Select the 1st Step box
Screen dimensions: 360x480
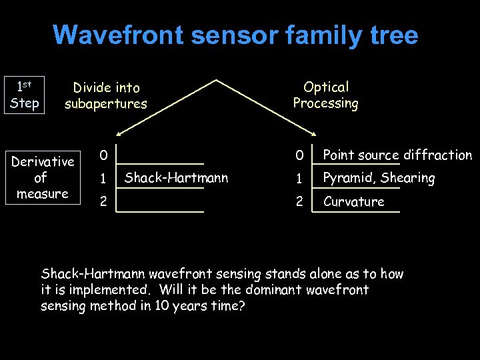click(25, 95)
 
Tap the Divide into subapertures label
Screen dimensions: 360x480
click(106, 95)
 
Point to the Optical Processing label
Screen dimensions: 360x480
click(325, 95)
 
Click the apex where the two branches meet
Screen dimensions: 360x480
click(216, 81)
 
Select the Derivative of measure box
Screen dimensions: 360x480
click(43, 177)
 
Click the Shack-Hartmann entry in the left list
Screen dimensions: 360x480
click(176, 177)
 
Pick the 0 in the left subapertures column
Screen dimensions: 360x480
click(103, 155)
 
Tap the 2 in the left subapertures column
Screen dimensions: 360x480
click(103, 201)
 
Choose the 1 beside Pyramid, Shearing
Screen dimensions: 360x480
click(300, 179)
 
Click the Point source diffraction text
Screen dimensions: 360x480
click(397, 155)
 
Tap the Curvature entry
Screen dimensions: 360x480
click(353, 201)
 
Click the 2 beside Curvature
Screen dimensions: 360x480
click(300, 201)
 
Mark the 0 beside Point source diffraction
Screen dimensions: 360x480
click(300, 155)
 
